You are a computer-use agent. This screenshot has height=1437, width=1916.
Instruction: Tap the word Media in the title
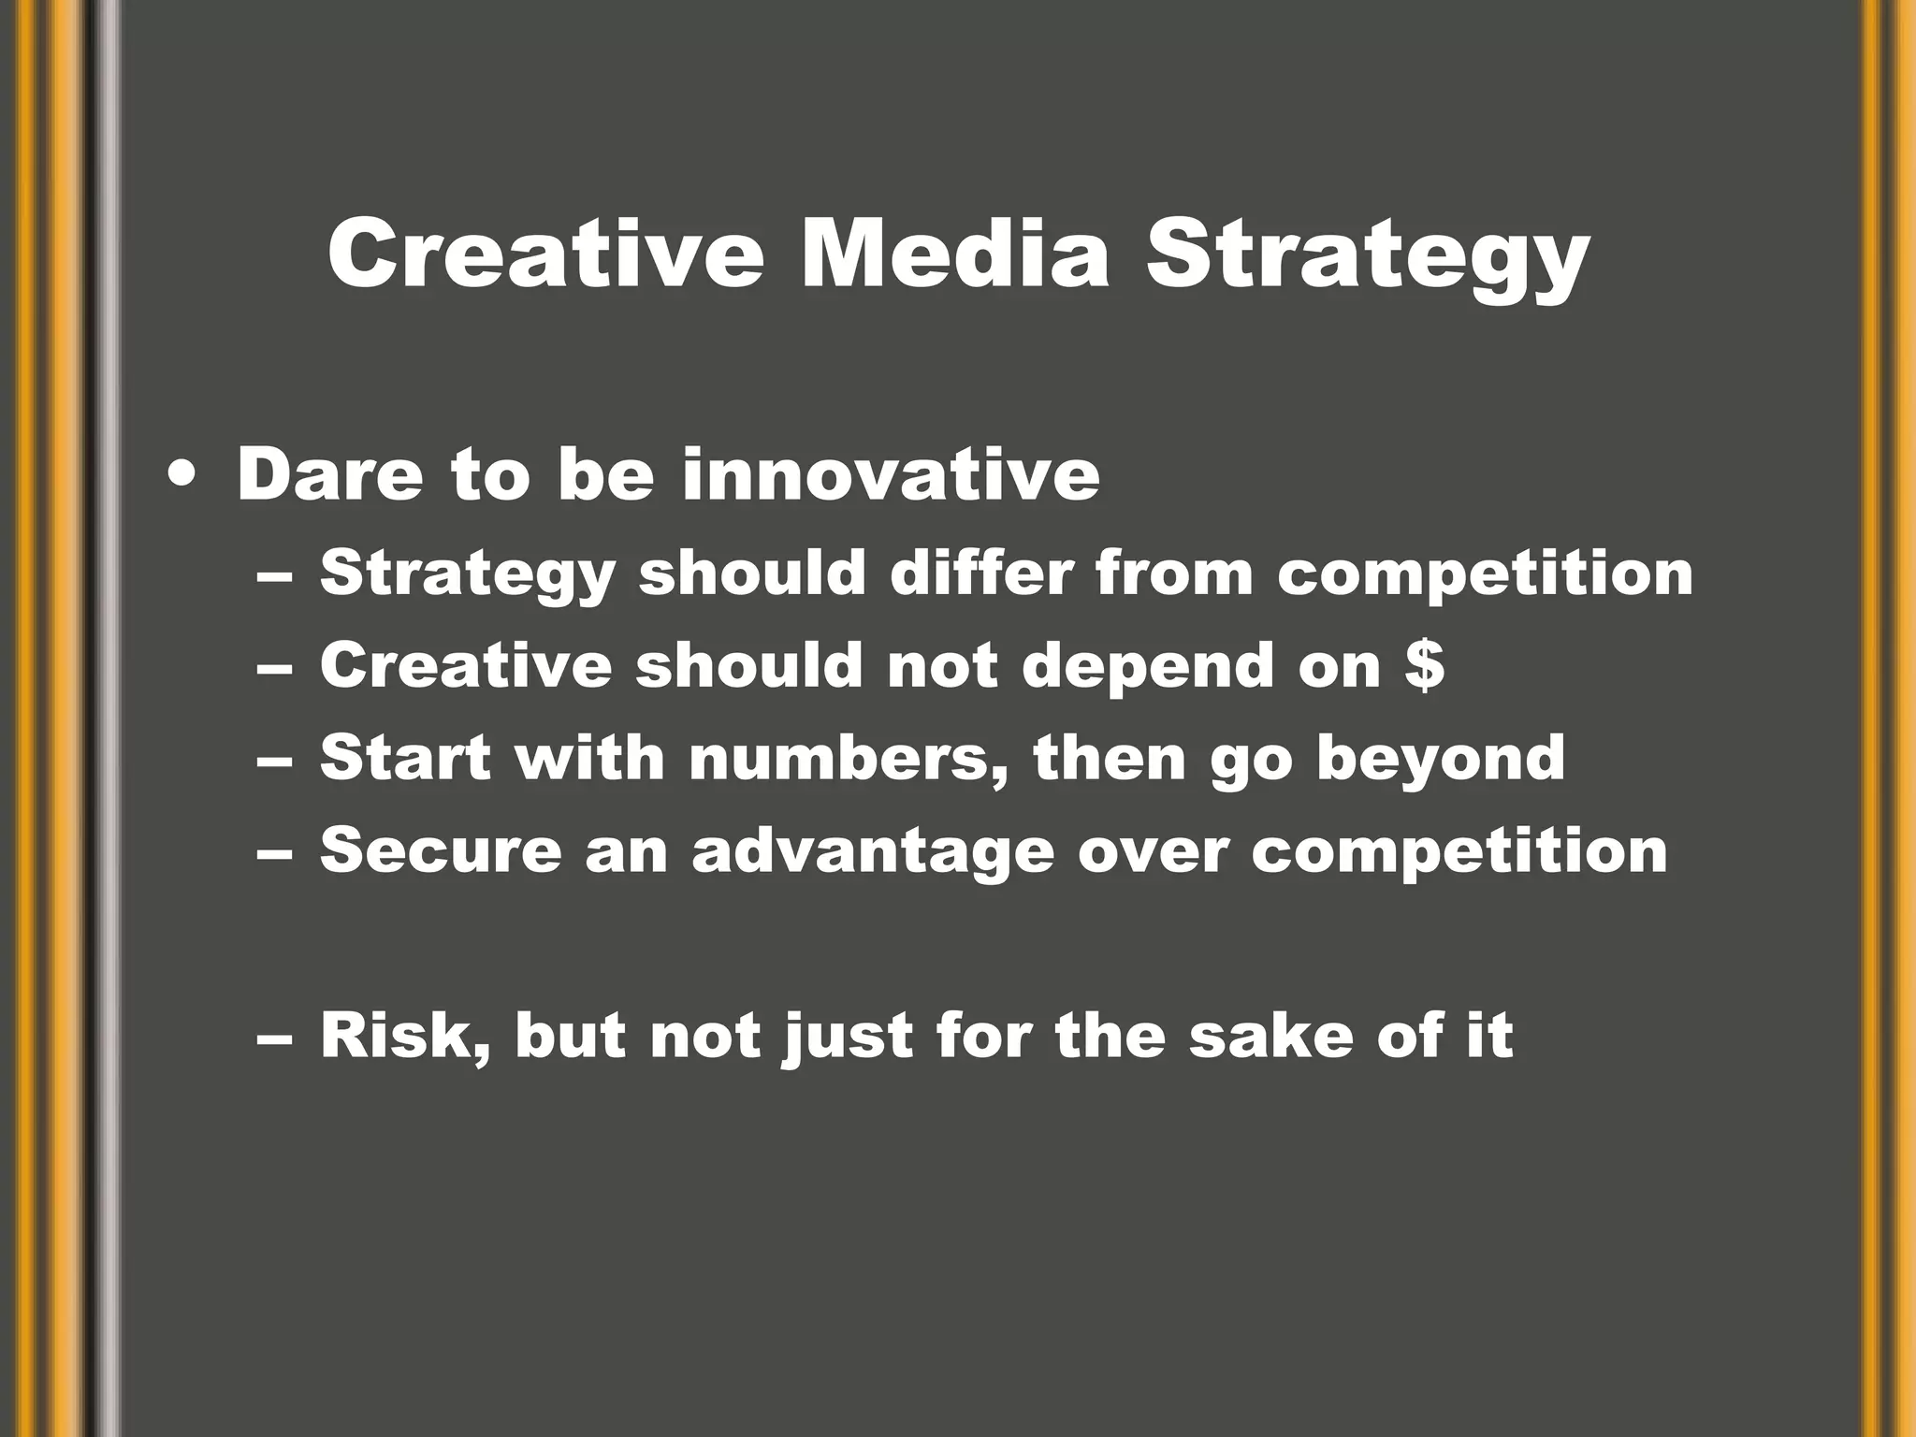click(954, 254)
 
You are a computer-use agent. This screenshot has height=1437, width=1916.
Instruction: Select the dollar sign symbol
click(1424, 666)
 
